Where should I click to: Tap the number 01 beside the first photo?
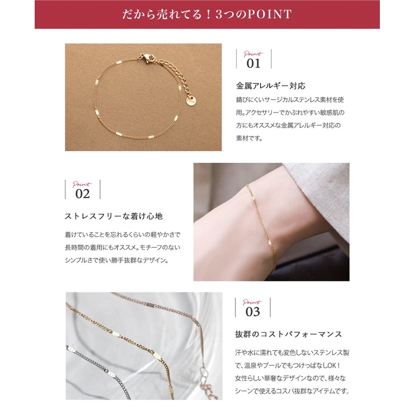pyautogui.click(x=253, y=63)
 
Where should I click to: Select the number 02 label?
pyautogui.click(x=82, y=194)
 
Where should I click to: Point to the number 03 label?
pyautogui.click(x=253, y=312)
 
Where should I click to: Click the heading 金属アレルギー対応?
pyautogui.click(x=271, y=86)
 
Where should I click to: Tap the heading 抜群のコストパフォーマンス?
pyautogui.click(x=288, y=334)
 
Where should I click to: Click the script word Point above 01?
pyautogui.click(x=253, y=54)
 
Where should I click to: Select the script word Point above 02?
pyautogui.click(x=82, y=184)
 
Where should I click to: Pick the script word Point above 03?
pyautogui.click(x=253, y=302)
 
